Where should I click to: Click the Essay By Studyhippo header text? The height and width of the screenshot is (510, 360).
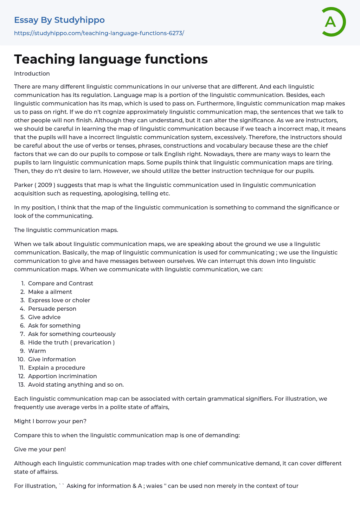coord(59,20)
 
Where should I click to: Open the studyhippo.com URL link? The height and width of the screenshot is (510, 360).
coord(99,33)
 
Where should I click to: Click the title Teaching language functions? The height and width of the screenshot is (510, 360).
coord(111,59)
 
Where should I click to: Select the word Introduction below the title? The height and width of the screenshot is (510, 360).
coord(32,73)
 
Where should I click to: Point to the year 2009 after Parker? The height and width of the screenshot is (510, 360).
coord(45,185)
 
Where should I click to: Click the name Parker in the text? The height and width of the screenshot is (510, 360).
coord(23,185)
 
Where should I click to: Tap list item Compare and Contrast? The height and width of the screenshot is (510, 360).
coord(60,283)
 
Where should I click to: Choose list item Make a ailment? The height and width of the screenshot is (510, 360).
coord(50,292)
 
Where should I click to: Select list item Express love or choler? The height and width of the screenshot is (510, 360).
coord(59,300)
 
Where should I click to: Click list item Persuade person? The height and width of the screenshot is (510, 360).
coord(52,309)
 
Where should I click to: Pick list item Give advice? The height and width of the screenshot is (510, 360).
coord(44,317)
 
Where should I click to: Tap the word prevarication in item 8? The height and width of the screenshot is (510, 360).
coord(92,342)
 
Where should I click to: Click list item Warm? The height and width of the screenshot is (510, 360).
coord(37,351)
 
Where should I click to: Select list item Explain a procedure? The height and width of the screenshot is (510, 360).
coord(57,368)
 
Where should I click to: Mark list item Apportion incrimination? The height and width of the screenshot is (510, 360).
coord(62,376)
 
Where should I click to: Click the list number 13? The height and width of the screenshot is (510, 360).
coord(21,385)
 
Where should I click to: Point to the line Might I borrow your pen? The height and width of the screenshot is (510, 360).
coord(50,421)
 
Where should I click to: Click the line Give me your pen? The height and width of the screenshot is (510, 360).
coord(40,449)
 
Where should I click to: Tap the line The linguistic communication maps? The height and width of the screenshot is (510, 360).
coord(66,230)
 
